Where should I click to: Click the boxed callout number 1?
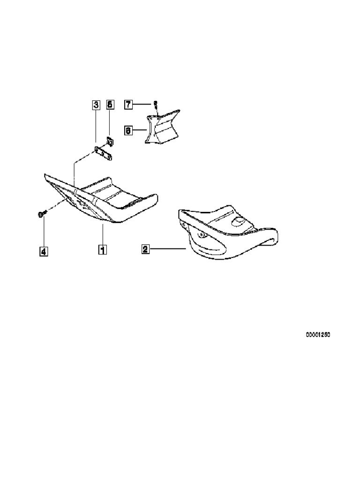[101, 249]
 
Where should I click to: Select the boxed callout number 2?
[145, 249]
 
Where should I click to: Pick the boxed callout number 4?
[43, 252]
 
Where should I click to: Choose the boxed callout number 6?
[128, 130]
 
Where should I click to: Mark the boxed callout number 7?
[128, 104]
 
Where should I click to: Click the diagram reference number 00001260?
[318, 335]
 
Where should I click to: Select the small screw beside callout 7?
[156, 105]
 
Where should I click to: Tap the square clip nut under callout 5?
[109, 141]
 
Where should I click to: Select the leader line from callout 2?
[169, 249]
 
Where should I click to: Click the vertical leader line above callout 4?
[43, 232]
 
